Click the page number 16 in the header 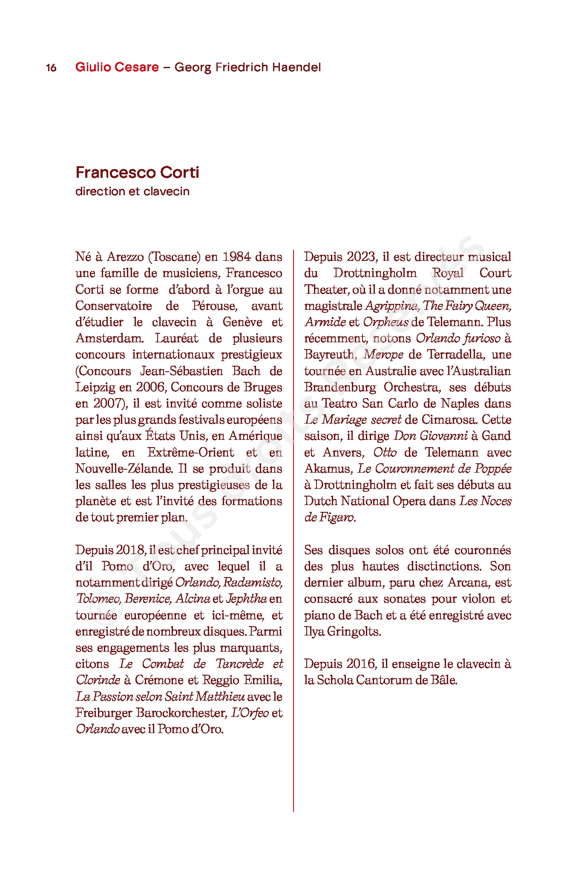click(x=51, y=68)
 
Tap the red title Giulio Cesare click(x=117, y=67)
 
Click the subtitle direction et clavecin click(x=132, y=191)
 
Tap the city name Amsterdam click(x=109, y=338)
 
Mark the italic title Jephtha click(x=246, y=599)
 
